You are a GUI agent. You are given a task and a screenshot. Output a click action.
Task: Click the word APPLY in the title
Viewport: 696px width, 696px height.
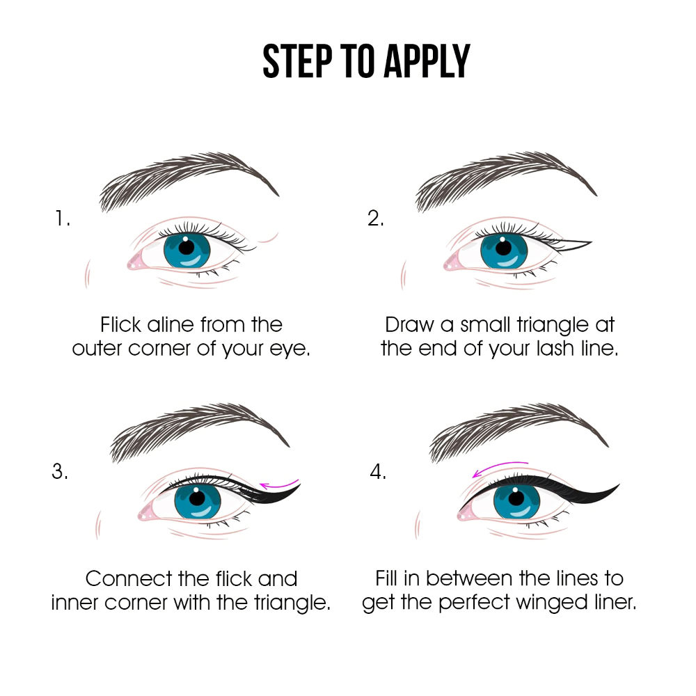(x=427, y=61)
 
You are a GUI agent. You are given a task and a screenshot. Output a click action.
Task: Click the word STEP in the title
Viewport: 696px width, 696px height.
(x=297, y=61)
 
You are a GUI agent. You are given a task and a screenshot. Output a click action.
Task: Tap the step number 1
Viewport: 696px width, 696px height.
(x=62, y=219)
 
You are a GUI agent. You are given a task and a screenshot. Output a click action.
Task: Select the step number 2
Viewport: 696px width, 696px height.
(x=376, y=219)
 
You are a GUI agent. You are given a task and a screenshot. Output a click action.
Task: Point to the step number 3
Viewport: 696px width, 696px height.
(x=60, y=471)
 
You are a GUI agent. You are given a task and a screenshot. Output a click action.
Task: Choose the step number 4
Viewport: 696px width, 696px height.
(x=378, y=471)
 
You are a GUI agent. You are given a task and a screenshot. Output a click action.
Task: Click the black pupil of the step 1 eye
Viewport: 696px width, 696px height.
(x=187, y=247)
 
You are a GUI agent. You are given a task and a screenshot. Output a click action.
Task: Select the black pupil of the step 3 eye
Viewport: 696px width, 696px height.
(x=198, y=498)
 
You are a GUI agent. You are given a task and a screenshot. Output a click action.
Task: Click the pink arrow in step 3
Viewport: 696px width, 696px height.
(x=280, y=484)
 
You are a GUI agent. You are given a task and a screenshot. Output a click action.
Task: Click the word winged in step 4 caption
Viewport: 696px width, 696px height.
(x=552, y=603)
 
